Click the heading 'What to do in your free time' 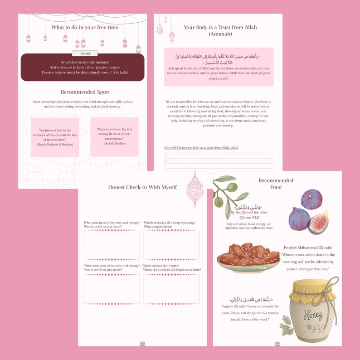pyautogui.click(x=85, y=28)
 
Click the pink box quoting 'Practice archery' pyautogui.click(x=114, y=137)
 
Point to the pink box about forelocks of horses pyautogui.click(x=55, y=137)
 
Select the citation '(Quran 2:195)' pyautogui.click(x=219, y=79)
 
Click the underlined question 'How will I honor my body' pyautogui.click(x=201, y=148)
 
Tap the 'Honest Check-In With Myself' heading pyautogui.click(x=142, y=187)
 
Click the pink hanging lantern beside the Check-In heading pyautogui.click(x=195, y=189)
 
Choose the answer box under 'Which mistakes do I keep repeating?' pyautogui.click(x=171, y=245)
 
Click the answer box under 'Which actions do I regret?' pyautogui.click(x=171, y=289)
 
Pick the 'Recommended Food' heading pyautogui.click(x=276, y=184)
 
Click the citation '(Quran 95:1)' pyautogui.click(x=248, y=217)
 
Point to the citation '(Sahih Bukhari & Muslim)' pyautogui.click(x=55, y=144)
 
